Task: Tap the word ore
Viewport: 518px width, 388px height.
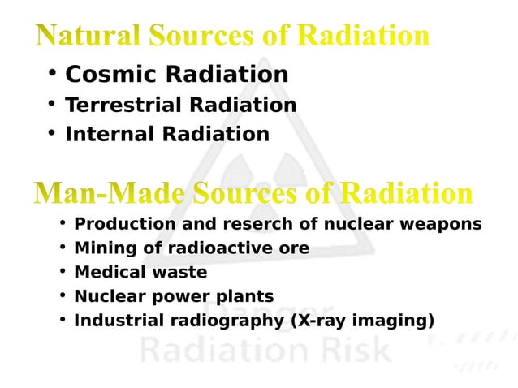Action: tap(294, 248)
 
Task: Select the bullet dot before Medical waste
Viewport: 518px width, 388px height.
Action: tap(62, 271)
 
